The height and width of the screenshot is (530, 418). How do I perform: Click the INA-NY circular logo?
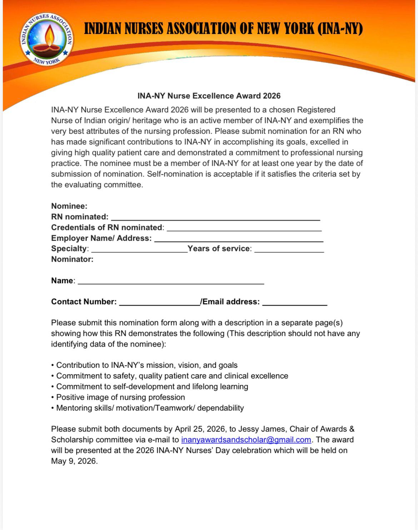point(46,39)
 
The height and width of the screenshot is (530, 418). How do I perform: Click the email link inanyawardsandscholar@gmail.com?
point(246,440)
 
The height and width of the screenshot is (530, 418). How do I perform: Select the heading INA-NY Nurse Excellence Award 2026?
point(209,96)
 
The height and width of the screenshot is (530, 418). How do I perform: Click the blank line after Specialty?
point(139,250)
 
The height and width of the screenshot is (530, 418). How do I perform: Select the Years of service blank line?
point(289,250)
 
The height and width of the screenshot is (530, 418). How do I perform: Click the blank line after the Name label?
point(171,282)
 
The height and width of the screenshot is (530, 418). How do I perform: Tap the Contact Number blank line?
point(159,303)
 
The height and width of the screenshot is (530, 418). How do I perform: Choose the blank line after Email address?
point(295,303)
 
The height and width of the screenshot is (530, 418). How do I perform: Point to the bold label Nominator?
point(72,259)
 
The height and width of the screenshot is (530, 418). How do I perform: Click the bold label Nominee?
point(69,206)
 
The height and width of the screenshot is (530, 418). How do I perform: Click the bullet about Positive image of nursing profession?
point(120,397)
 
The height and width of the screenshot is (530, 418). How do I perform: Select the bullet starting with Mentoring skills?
point(150,408)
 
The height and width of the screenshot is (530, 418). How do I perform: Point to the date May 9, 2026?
point(74,461)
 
